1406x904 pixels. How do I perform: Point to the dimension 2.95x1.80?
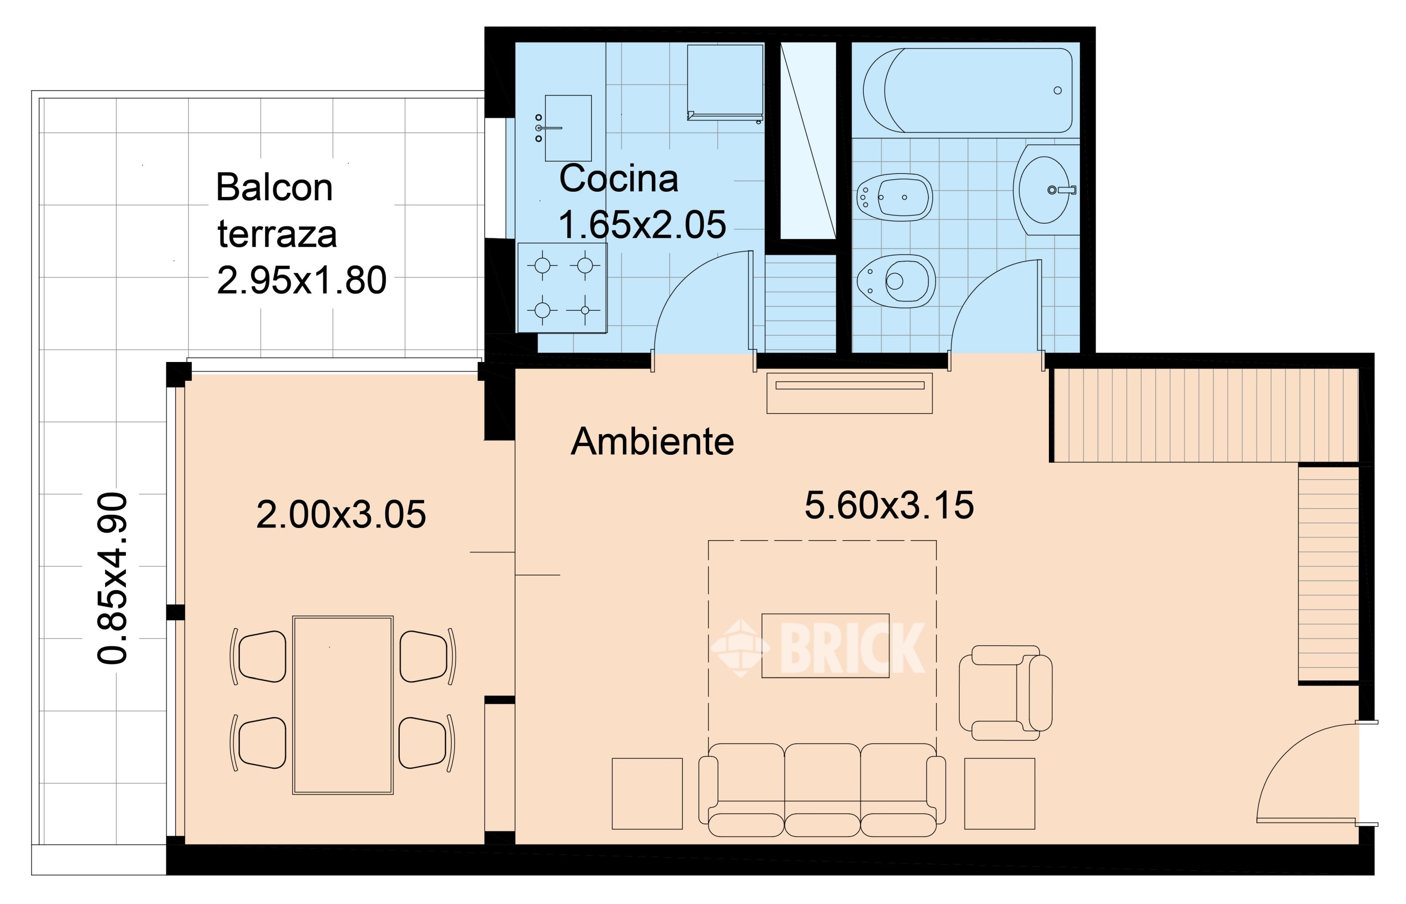[301, 280]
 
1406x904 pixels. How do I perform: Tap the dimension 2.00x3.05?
[341, 514]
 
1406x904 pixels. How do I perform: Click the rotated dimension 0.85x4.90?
[112, 578]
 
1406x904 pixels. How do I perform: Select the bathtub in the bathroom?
[968, 90]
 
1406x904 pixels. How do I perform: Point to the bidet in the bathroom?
[895, 196]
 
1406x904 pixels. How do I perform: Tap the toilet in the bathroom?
[896, 281]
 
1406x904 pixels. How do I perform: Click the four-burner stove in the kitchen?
[562, 287]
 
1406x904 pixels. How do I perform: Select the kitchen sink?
[567, 128]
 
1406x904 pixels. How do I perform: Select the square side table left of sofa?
[647, 794]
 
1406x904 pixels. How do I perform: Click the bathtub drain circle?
[1058, 90]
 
